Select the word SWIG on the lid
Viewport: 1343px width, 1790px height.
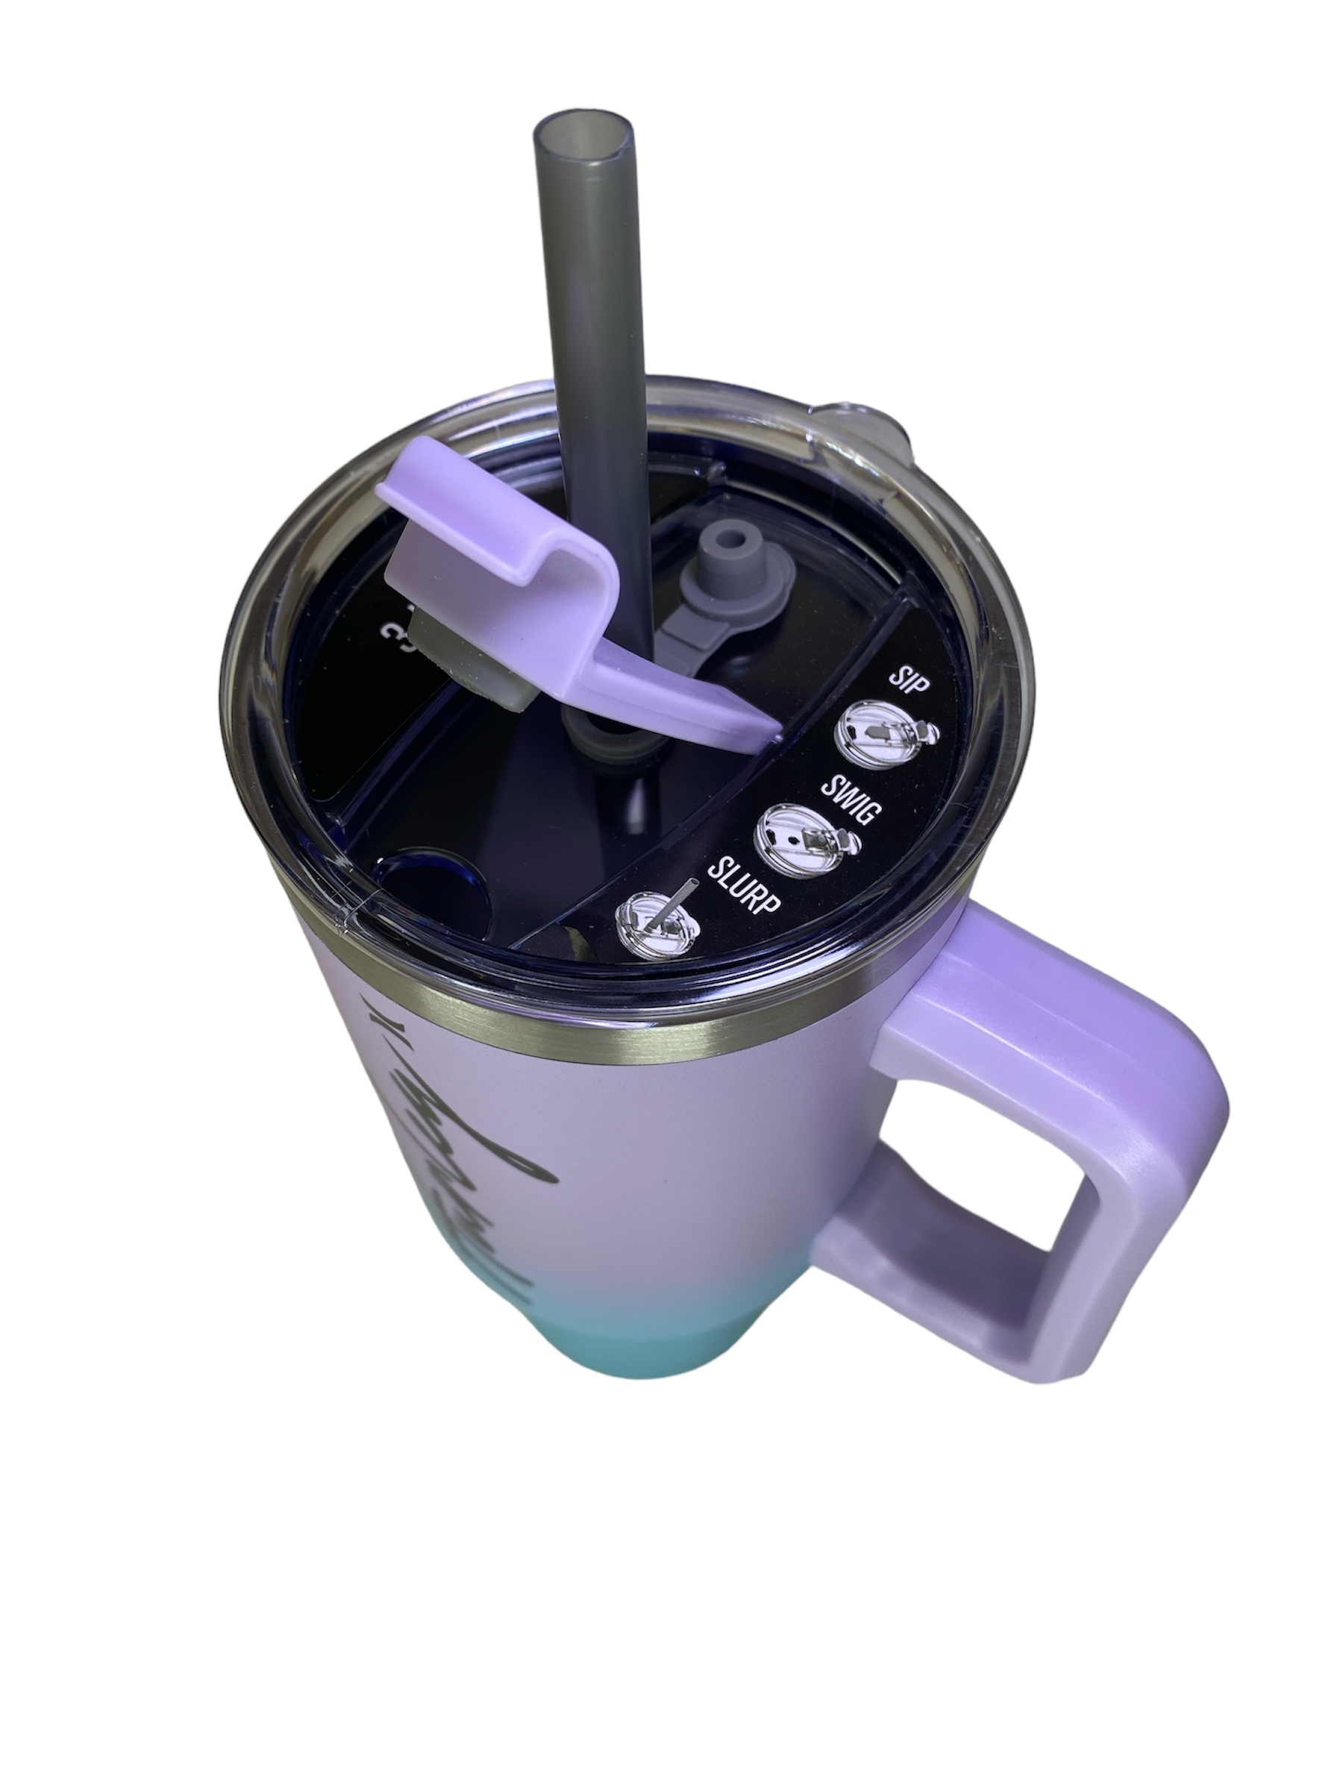[x=849, y=800]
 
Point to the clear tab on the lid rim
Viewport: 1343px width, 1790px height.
[x=863, y=421]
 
